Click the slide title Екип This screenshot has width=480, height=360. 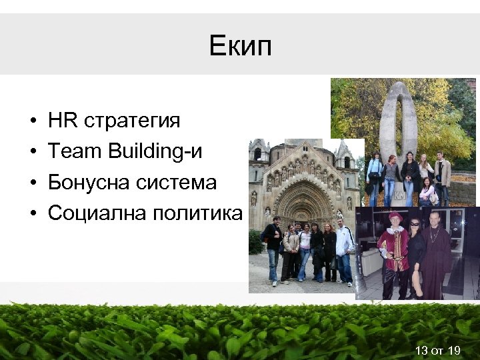[x=239, y=47]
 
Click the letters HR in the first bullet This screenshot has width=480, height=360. [x=63, y=121]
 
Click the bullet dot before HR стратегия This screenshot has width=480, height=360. [x=32, y=122]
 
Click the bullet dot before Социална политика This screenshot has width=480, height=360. [x=32, y=213]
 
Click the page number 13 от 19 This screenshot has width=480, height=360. [x=437, y=350]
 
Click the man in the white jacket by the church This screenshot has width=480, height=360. [x=343, y=250]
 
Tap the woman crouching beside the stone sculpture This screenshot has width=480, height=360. [x=427, y=193]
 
